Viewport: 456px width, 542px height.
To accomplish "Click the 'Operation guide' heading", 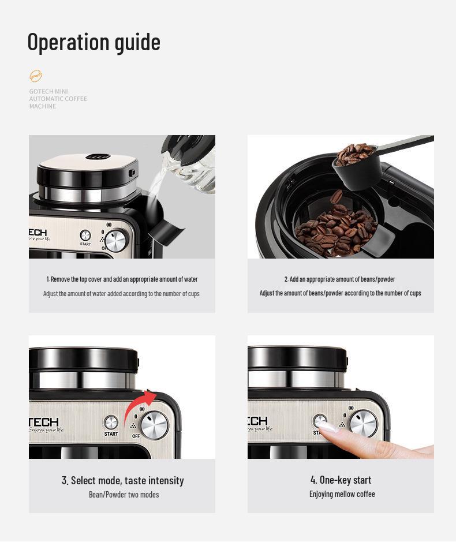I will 94,42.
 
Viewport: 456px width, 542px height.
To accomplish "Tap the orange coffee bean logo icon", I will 36,76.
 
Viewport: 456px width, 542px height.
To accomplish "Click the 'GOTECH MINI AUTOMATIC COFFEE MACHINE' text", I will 58,99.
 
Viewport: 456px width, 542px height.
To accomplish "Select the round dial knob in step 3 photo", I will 154,425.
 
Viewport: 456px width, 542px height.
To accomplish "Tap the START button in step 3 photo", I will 111,423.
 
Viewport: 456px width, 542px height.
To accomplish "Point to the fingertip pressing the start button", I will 327,428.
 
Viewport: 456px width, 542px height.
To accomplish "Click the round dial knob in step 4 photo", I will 363,424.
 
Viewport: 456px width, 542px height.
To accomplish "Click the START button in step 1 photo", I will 85,236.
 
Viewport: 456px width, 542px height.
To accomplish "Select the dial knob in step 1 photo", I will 117,240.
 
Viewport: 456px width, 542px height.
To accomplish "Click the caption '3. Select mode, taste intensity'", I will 122,480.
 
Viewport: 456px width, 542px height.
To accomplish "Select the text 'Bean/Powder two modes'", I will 124,495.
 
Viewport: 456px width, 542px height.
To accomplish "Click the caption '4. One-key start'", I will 341,480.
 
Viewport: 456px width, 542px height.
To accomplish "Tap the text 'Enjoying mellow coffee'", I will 342,494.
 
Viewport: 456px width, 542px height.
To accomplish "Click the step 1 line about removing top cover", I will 122,279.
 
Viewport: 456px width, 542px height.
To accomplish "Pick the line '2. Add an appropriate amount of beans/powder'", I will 339,279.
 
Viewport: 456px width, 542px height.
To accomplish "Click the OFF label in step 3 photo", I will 136,436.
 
